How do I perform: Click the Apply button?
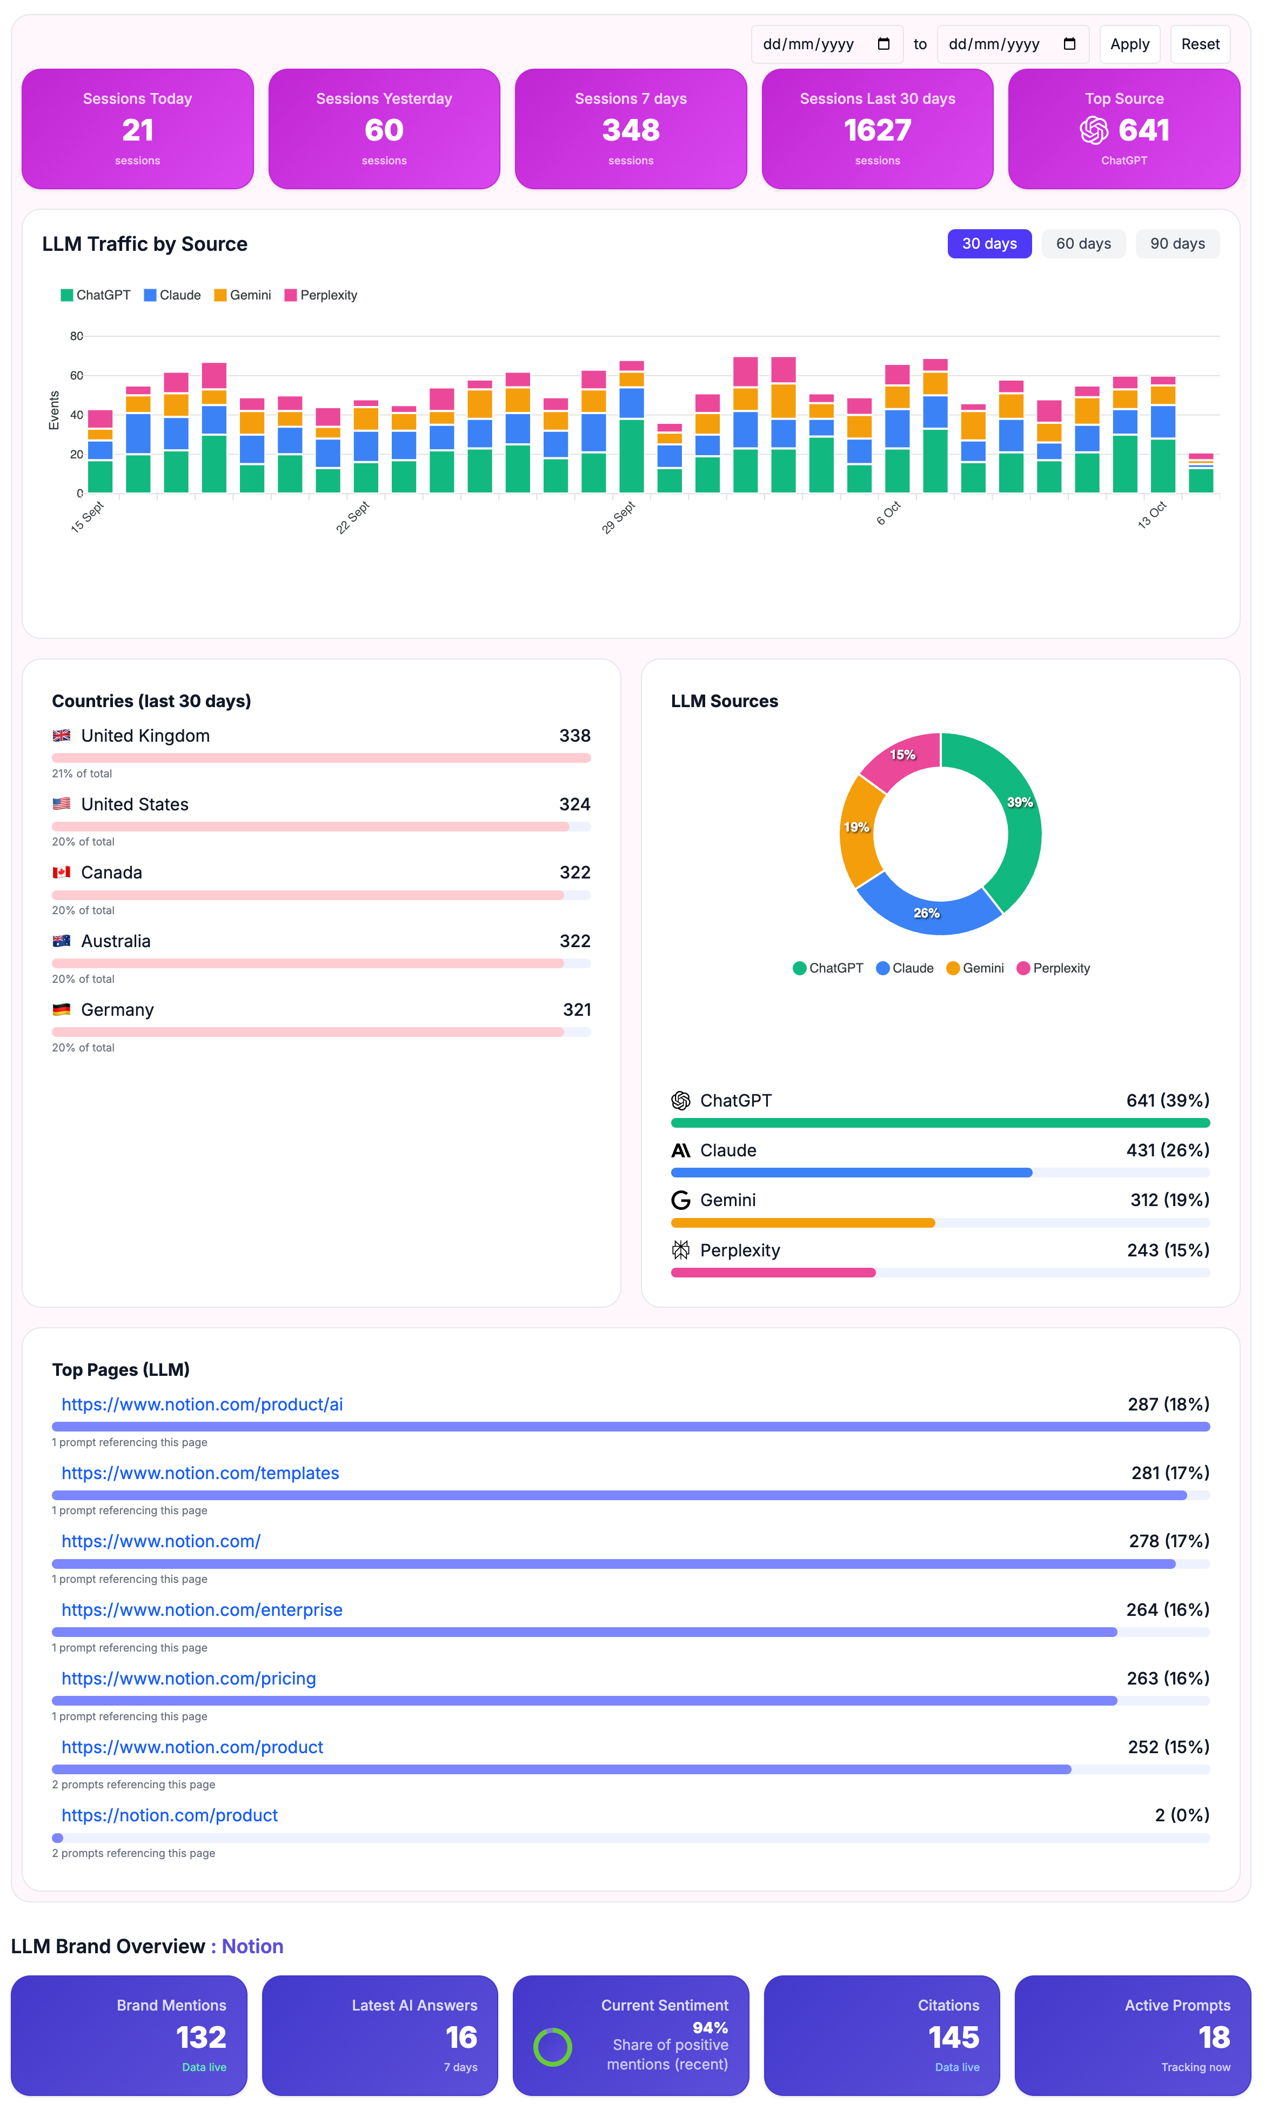(x=1129, y=44)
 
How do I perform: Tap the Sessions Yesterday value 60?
(x=384, y=130)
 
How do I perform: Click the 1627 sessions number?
(x=876, y=130)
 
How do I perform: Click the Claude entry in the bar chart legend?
(x=172, y=295)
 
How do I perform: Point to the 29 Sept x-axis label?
(x=619, y=517)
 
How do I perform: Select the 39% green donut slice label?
(x=1020, y=802)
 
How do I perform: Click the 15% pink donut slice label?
(x=902, y=755)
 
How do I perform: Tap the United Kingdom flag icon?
(x=62, y=736)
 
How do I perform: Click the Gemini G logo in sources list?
(x=680, y=1200)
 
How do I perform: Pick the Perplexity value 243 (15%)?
(x=1167, y=1250)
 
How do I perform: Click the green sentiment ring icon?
(x=552, y=2046)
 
